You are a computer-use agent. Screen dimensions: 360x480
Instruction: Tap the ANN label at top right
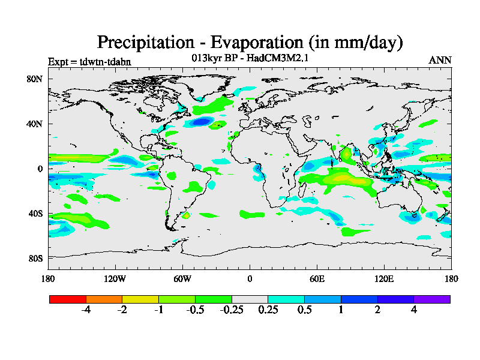(440, 60)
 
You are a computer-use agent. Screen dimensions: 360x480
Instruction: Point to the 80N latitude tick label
(35, 79)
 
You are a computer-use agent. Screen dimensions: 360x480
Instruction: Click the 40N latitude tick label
(35, 124)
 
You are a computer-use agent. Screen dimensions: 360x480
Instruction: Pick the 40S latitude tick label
(35, 214)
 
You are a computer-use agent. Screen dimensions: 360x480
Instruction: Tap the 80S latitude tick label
(35, 258)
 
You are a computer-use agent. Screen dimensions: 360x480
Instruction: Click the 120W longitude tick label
(115, 278)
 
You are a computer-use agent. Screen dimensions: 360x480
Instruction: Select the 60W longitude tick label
(182, 278)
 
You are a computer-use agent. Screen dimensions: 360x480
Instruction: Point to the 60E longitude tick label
(317, 278)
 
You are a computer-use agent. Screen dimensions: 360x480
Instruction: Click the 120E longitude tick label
(384, 278)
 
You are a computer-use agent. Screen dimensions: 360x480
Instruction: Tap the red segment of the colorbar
(68, 299)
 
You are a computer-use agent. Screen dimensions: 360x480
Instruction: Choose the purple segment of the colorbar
(432, 299)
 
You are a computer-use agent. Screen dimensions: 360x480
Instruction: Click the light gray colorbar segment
(250, 299)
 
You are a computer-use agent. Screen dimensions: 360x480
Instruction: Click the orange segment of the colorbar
(104, 299)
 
